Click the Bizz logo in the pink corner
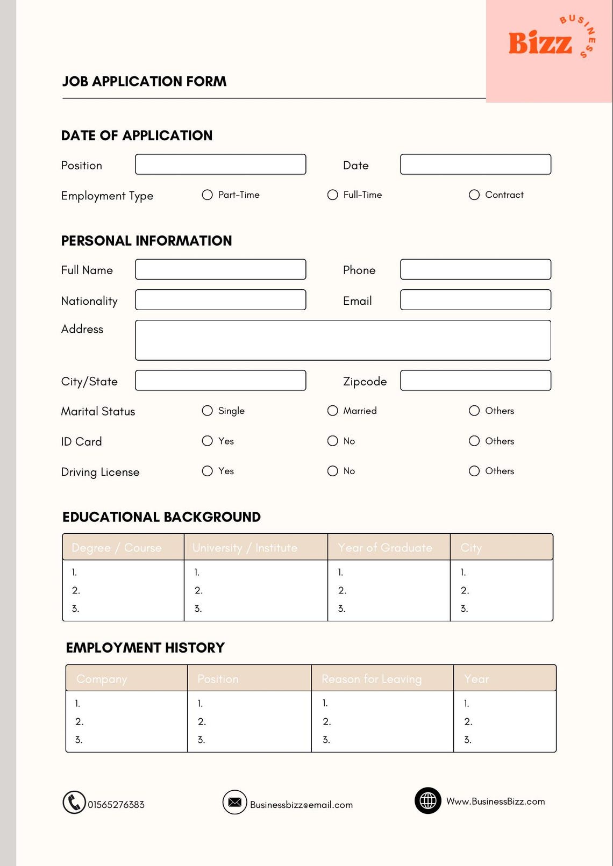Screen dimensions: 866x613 click(541, 43)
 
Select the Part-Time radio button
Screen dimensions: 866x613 click(207, 195)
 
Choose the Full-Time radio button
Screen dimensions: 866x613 click(333, 195)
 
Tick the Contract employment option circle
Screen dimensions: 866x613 click(474, 195)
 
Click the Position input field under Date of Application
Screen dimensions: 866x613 click(220, 164)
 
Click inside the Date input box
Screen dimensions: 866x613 click(475, 164)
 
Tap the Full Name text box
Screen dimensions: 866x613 click(220, 269)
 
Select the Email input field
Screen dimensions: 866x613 click(475, 300)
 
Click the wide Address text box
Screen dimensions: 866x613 click(343, 340)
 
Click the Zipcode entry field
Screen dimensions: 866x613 click(475, 380)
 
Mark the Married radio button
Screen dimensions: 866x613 click(333, 411)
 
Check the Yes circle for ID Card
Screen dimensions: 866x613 click(207, 441)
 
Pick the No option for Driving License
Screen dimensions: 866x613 click(333, 471)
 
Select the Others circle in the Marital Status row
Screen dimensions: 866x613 click(474, 411)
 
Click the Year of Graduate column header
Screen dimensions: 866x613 click(386, 547)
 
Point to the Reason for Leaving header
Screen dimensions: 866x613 click(372, 678)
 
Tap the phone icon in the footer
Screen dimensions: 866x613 click(74, 803)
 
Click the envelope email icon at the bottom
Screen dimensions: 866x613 click(234, 803)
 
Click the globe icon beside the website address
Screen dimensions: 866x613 click(428, 801)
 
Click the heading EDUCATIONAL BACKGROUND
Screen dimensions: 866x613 click(161, 517)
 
